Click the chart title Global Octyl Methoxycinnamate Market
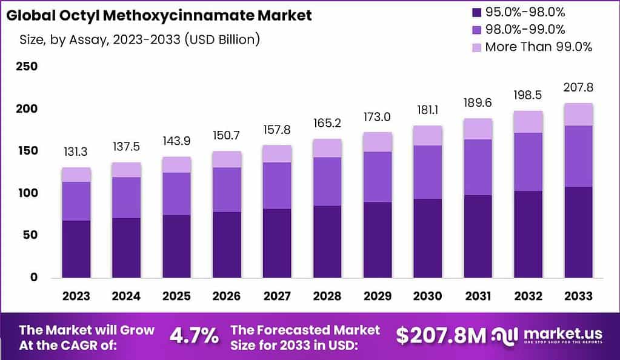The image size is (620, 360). tap(159, 15)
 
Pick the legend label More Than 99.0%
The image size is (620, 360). tap(538, 47)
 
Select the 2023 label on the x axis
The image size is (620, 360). tap(76, 296)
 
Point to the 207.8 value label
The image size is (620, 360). tap(578, 88)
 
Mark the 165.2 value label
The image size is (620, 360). tap(327, 124)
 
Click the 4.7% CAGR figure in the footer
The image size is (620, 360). tap(193, 336)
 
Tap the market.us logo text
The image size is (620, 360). tap(562, 333)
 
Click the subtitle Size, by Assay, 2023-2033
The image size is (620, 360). tap(139, 40)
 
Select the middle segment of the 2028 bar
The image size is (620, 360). tap(327, 182)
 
